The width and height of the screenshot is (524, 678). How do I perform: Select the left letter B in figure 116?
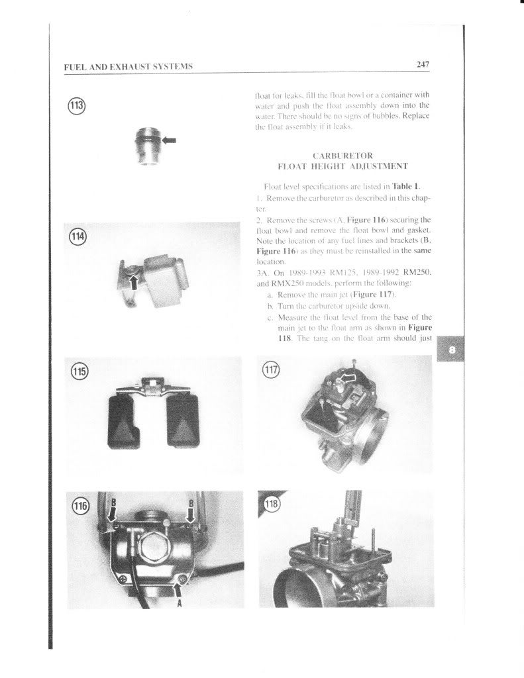112,501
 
